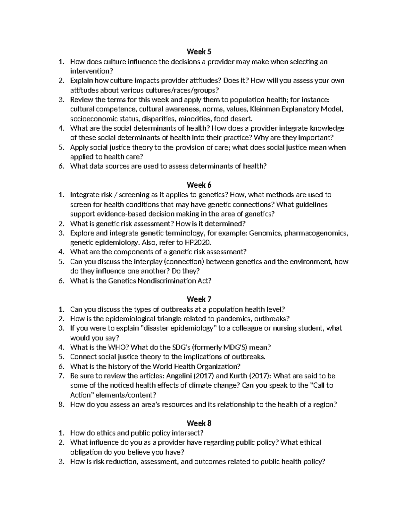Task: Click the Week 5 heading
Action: pyautogui.click(x=199, y=52)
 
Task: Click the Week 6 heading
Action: pyautogui.click(x=199, y=185)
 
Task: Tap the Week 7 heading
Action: pyautogui.click(x=199, y=299)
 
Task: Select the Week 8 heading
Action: pyautogui.click(x=199, y=423)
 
